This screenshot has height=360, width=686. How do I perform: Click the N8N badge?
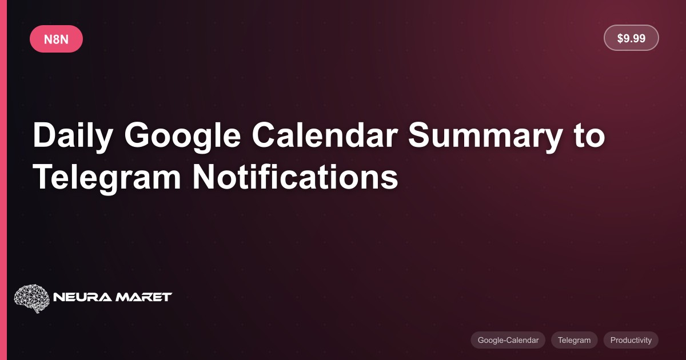pyautogui.click(x=56, y=39)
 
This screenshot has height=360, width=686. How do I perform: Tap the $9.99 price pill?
pyautogui.click(x=631, y=38)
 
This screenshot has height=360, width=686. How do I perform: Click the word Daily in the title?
pyautogui.click(x=73, y=136)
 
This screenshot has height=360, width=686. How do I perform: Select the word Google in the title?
pyautogui.click(x=182, y=136)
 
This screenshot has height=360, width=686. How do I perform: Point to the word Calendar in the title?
pyautogui.click(x=325, y=135)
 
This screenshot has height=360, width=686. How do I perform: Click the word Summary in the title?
pyautogui.click(x=485, y=136)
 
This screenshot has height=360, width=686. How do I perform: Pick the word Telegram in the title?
pyautogui.click(x=107, y=178)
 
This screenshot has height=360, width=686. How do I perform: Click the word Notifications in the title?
pyautogui.click(x=295, y=177)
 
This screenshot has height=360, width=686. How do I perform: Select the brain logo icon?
pyautogui.click(x=32, y=298)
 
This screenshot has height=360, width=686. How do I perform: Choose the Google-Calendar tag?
pyautogui.click(x=508, y=340)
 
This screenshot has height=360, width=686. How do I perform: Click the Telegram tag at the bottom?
pyautogui.click(x=574, y=340)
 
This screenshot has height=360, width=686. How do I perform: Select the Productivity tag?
pyautogui.click(x=631, y=340)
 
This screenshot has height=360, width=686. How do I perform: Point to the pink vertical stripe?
pyautogui.click(x=3, y=180)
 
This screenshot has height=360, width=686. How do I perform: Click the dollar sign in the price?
pyautogui.click(x=620, y=38)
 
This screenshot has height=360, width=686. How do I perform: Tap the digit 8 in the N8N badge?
pyautogui.click(x=56, y=39)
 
